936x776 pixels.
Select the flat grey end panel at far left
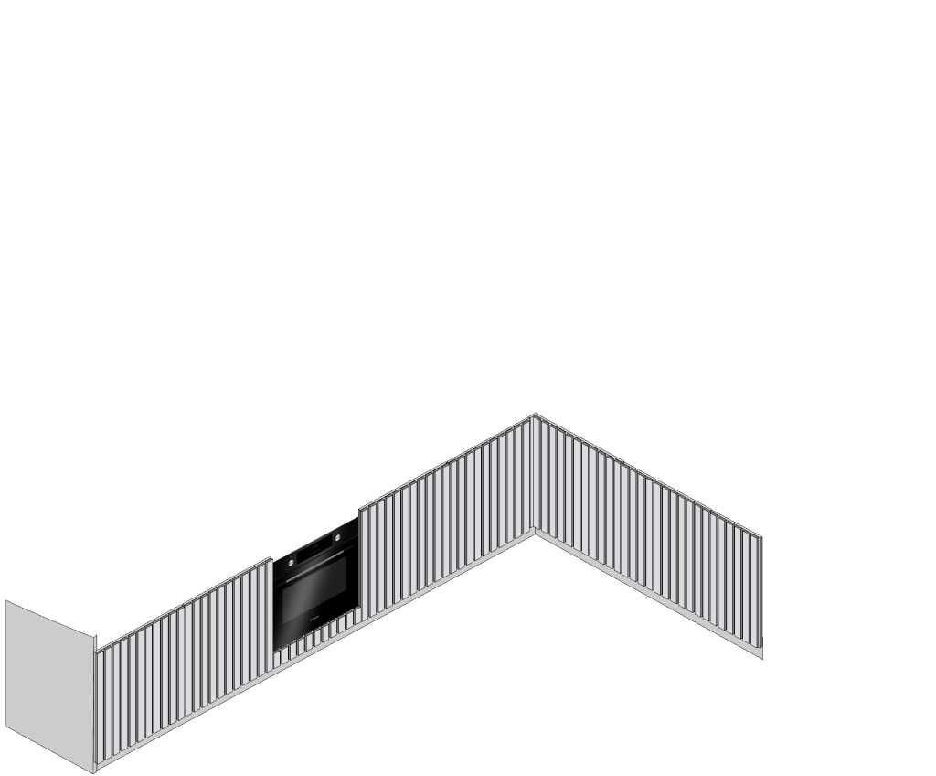point(49,682)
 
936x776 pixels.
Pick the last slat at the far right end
point(756,591)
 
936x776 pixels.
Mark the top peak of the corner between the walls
point(535,415)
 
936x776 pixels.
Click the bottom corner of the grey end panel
point(94,770)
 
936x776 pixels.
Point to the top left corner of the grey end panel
point(7,602)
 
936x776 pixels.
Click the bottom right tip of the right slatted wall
point(761,656)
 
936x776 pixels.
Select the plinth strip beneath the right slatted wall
point(649,595)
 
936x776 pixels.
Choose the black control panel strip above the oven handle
point(316,549)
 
